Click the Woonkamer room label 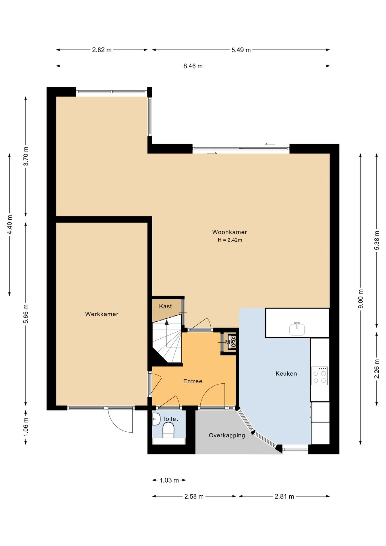[x=229, y=232]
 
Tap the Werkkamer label [x=102, y=314]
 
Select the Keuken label [x=286, y=374]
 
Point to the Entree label [x=193, y=381]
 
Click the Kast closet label [x=165, y=306]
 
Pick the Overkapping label [x=227, y=435]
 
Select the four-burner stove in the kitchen [x=320, y=376]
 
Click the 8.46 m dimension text [x=193, y=66]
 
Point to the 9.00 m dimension [x=361, y=299]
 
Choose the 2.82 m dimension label [x=102, y=50]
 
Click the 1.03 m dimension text [x=169, y=480]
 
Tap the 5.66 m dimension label [x=26, y=314]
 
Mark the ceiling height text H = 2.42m [x=230, y=240]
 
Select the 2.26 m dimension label [x=377, y=369]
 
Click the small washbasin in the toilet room [x=156, y=419]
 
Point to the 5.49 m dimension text [x=241, y=50]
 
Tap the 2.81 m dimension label [x=284, y=497]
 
